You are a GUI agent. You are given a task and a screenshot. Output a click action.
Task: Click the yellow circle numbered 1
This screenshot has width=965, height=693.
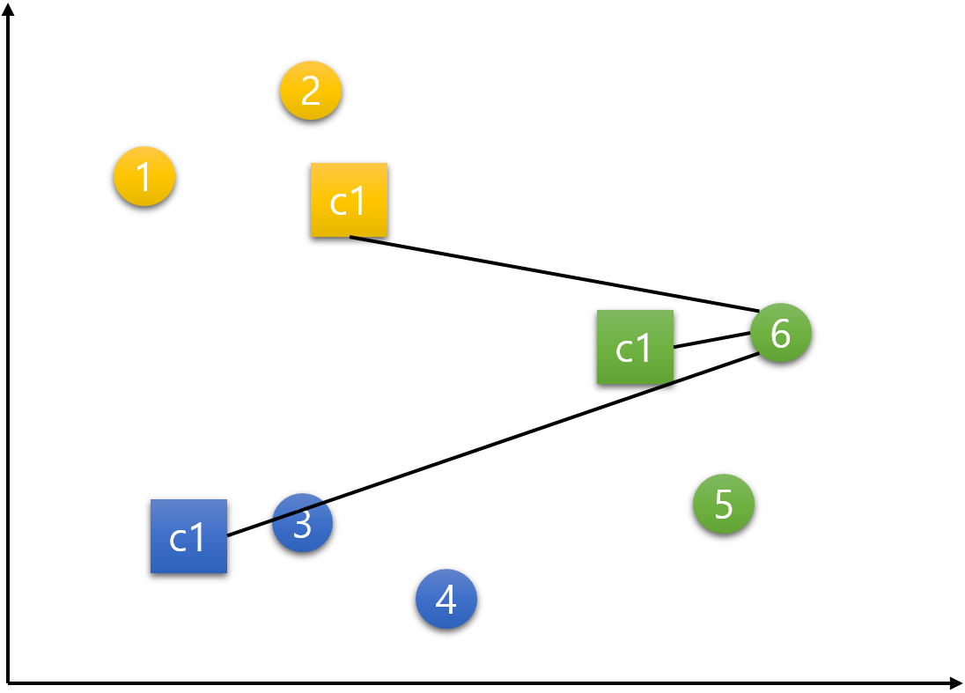144,176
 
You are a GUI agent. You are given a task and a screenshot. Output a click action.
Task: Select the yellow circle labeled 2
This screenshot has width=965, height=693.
311,91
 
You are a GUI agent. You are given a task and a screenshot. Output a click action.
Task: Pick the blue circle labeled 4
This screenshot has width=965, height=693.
446,599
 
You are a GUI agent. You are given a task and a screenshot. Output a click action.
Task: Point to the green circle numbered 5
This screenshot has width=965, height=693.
724,504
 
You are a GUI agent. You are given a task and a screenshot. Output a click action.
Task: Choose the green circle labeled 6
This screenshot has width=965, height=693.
781,333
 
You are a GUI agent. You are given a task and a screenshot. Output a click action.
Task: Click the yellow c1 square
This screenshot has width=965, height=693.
349,200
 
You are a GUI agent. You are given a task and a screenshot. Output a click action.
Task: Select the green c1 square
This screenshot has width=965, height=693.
635,347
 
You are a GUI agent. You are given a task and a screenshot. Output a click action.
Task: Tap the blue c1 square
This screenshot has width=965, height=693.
188,536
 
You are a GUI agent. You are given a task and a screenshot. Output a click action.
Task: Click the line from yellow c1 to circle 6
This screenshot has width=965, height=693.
555,274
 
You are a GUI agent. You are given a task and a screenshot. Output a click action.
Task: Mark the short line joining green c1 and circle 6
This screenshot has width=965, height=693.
711,340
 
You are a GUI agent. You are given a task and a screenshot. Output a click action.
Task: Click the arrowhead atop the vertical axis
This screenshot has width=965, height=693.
9,9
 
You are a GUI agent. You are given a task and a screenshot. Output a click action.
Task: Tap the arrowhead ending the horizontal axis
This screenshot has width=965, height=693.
956,682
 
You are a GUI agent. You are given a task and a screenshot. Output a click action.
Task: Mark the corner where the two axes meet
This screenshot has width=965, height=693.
9,682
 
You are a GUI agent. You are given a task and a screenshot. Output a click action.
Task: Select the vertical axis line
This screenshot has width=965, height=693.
9,352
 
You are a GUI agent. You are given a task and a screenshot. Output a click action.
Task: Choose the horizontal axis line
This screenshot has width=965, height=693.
484,682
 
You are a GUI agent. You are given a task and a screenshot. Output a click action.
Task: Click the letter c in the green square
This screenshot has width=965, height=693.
624,350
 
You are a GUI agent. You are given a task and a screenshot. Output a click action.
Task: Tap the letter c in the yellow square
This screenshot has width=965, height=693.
338,203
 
